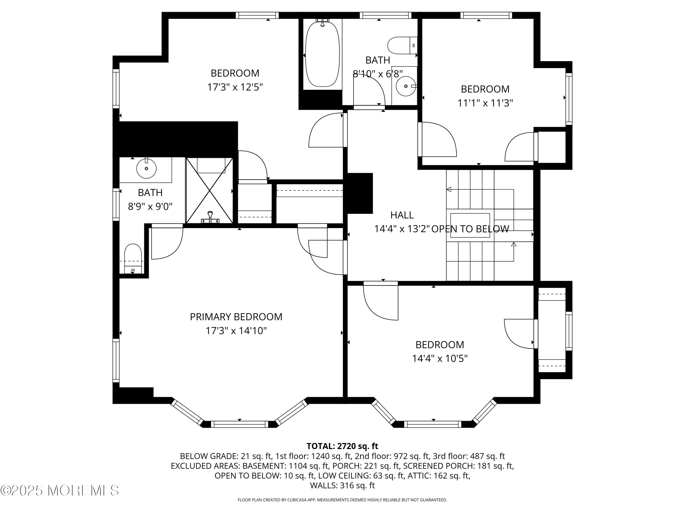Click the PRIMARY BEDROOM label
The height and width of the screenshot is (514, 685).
click(x=236, y=317)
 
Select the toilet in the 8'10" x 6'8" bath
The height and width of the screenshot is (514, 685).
click(x=402, y=45)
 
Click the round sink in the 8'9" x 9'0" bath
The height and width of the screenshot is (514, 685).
click(x=146, y=168)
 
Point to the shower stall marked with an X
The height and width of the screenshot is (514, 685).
click(x=209, y=190)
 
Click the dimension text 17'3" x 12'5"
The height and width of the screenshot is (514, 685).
click(x=235, y=87)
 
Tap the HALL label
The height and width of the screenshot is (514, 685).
click(x=402, y=215)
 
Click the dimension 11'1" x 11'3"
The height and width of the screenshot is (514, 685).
click(x=485, y=103)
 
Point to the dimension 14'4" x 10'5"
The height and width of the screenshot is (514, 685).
click(x=440, y=358)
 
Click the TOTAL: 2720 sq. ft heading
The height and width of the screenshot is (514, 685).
click(x=342, y=446)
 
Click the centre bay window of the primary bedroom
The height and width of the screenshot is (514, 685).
click(x=239, y=424)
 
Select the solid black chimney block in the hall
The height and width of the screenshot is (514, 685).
click(x=359, y=193)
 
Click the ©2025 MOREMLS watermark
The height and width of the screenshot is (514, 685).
click(x=59, y=490)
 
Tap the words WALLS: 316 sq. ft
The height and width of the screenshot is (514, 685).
click(x=342, y=485)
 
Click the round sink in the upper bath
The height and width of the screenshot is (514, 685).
click(x=406, y=86)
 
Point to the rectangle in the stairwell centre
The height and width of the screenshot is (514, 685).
click(x=470, y=225)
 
